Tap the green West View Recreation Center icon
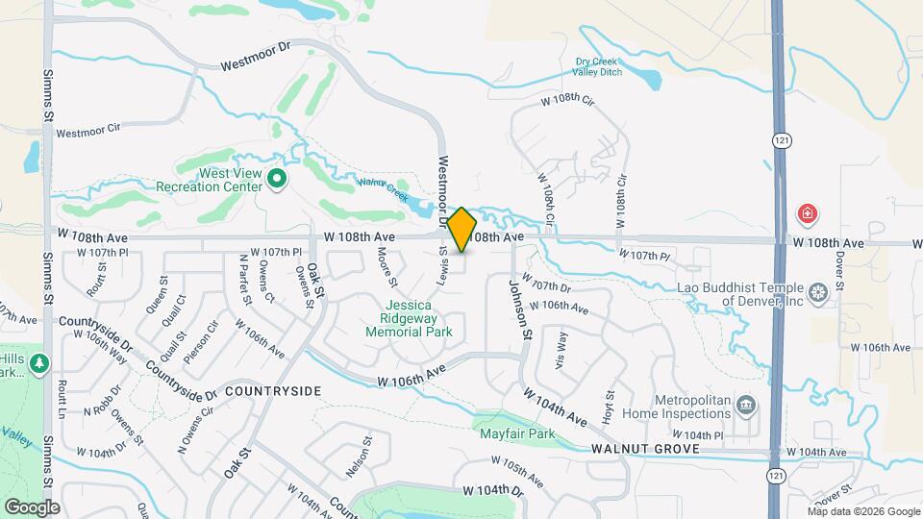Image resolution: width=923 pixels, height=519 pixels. pos(277,178)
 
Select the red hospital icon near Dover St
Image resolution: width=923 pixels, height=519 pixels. pos(809,212)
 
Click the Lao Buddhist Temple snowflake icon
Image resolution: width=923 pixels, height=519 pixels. pos(818,292)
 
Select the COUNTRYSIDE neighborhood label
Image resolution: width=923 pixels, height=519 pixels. pos(272,392)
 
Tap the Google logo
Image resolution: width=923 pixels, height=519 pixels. pos(32,507)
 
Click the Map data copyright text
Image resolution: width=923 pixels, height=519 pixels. pos(864,511)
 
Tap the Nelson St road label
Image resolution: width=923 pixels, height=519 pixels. pos(359,462)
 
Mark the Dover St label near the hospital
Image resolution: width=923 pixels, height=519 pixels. pos(838,272)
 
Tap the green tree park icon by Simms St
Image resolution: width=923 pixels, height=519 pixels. pos(38,363)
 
